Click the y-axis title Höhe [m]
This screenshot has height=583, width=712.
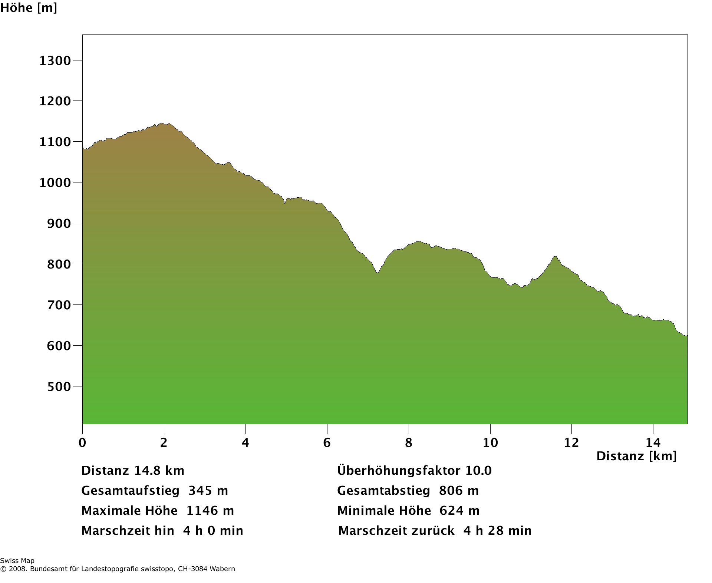tap(29, 8)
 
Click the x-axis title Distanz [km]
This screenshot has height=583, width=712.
tap(636, 456)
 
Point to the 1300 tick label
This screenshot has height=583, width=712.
tap(55, 60)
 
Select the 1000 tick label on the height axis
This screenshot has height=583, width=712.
tap(55, 182)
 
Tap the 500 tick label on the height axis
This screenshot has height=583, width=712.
tap(59, 386)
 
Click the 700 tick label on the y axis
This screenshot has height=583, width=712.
tap(59, 305)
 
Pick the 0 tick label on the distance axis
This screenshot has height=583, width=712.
tap(82, 442)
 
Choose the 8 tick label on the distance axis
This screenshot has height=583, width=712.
tap(408, 442)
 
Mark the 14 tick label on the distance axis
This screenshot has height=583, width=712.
tap(653, 442)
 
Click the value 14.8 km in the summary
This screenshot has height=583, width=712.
tap(159, 471)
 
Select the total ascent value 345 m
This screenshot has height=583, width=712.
tap(208, 491)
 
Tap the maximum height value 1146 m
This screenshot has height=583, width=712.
tap(210, 511)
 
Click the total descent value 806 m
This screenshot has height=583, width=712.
tap(459, 491)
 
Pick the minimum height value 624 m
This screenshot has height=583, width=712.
tap(459, 511)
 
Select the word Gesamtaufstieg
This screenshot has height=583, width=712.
tap(131, 491)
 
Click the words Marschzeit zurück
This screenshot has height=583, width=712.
tap(396, 531)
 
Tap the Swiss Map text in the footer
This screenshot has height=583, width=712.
tap(17, 561)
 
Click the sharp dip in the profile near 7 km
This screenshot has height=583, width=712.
tap(378, 273)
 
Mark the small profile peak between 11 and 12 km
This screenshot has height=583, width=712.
tap(555, 256)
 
